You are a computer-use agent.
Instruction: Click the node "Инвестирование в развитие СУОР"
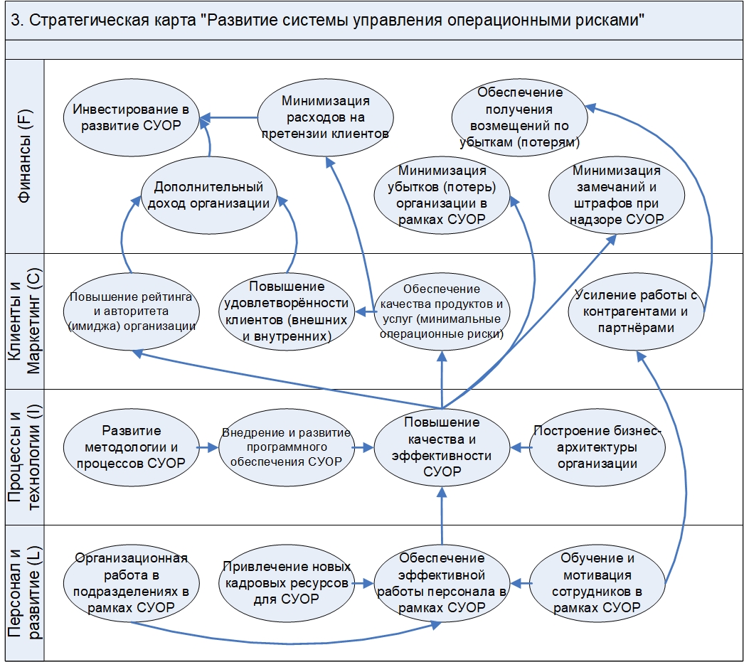coord(132,117)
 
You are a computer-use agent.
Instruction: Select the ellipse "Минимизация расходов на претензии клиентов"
coord(325,117)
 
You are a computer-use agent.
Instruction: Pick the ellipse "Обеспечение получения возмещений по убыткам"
coord(520,117)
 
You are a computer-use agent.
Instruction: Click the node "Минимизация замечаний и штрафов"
coord(617,195)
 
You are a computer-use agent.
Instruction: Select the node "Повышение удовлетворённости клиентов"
coord(287,311)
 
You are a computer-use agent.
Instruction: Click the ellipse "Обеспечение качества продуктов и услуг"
coord(442,311)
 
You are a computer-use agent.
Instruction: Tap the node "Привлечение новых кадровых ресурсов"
coord(286,583)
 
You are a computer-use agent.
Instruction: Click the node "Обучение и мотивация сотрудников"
coord(597,583)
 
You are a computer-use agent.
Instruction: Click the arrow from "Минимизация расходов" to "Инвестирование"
coord(228,117)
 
